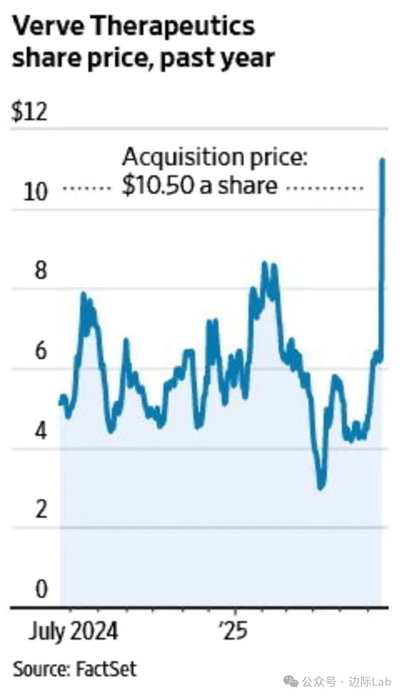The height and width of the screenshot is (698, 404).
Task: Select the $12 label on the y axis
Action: (29, 113)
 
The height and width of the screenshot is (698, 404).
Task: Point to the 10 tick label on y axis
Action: (35, 192)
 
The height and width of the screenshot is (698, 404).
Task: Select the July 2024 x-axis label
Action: (72, 631)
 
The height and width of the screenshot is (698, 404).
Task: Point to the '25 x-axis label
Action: (234, 631)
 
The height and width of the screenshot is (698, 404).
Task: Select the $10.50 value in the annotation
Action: (155, 184)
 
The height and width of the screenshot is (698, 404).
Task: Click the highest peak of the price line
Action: (383, 160)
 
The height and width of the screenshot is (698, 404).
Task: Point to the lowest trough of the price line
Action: (321, 487)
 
